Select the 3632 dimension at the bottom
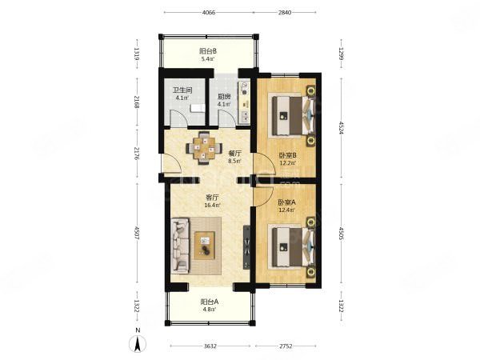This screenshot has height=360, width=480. pyautogui.click(x=210, y=346)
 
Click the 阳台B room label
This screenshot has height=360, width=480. pyautogui.click(x=208, y=50)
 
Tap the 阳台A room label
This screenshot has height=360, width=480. pyautogui.click(x=209, y=301)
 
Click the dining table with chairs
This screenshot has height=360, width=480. pyautogui.click(x=206, y=148)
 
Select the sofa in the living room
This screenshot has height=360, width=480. pyautogui.click(x=178, y=244)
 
